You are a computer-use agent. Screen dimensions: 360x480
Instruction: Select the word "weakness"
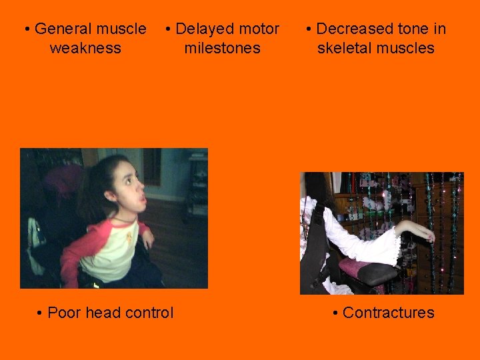(x=85, y=48)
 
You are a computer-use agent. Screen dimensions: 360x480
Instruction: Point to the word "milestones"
(x=222, y=48)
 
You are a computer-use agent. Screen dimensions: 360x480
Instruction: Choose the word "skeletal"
(x=345, y=48)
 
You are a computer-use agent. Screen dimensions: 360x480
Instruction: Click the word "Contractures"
(x=388, y=313)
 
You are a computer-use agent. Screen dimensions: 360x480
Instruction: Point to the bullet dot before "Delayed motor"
(x=169, y=29)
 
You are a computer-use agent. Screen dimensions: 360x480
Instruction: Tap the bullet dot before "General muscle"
(x=27, y=29)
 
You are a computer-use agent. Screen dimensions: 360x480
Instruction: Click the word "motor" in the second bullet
(x=258, y=29)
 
